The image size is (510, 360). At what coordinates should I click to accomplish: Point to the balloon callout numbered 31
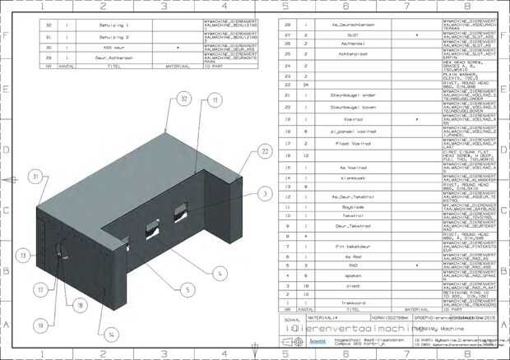click(35, 176)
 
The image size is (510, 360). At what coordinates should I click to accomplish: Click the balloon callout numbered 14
click(110, 335)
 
